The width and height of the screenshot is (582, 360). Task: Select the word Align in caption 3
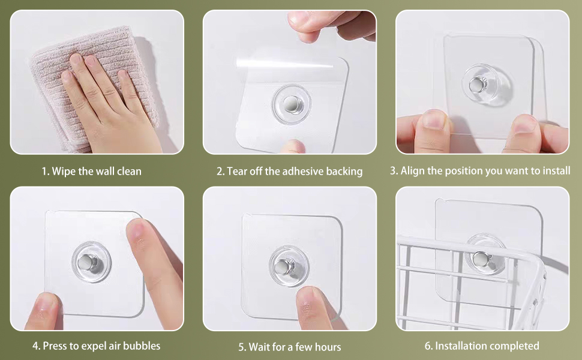413,171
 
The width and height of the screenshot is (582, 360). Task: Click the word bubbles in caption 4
142,346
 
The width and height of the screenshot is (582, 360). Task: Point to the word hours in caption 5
328,347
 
